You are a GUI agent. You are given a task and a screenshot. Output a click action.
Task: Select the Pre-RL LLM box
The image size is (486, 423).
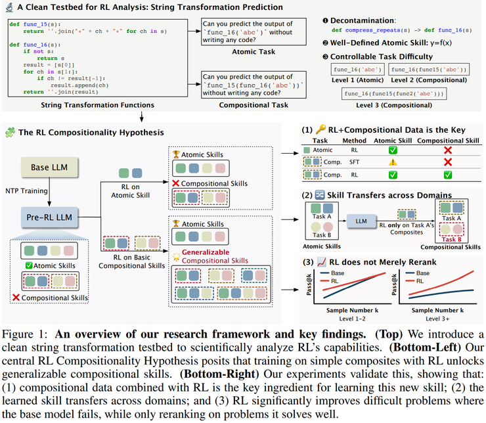coord(47,215)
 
